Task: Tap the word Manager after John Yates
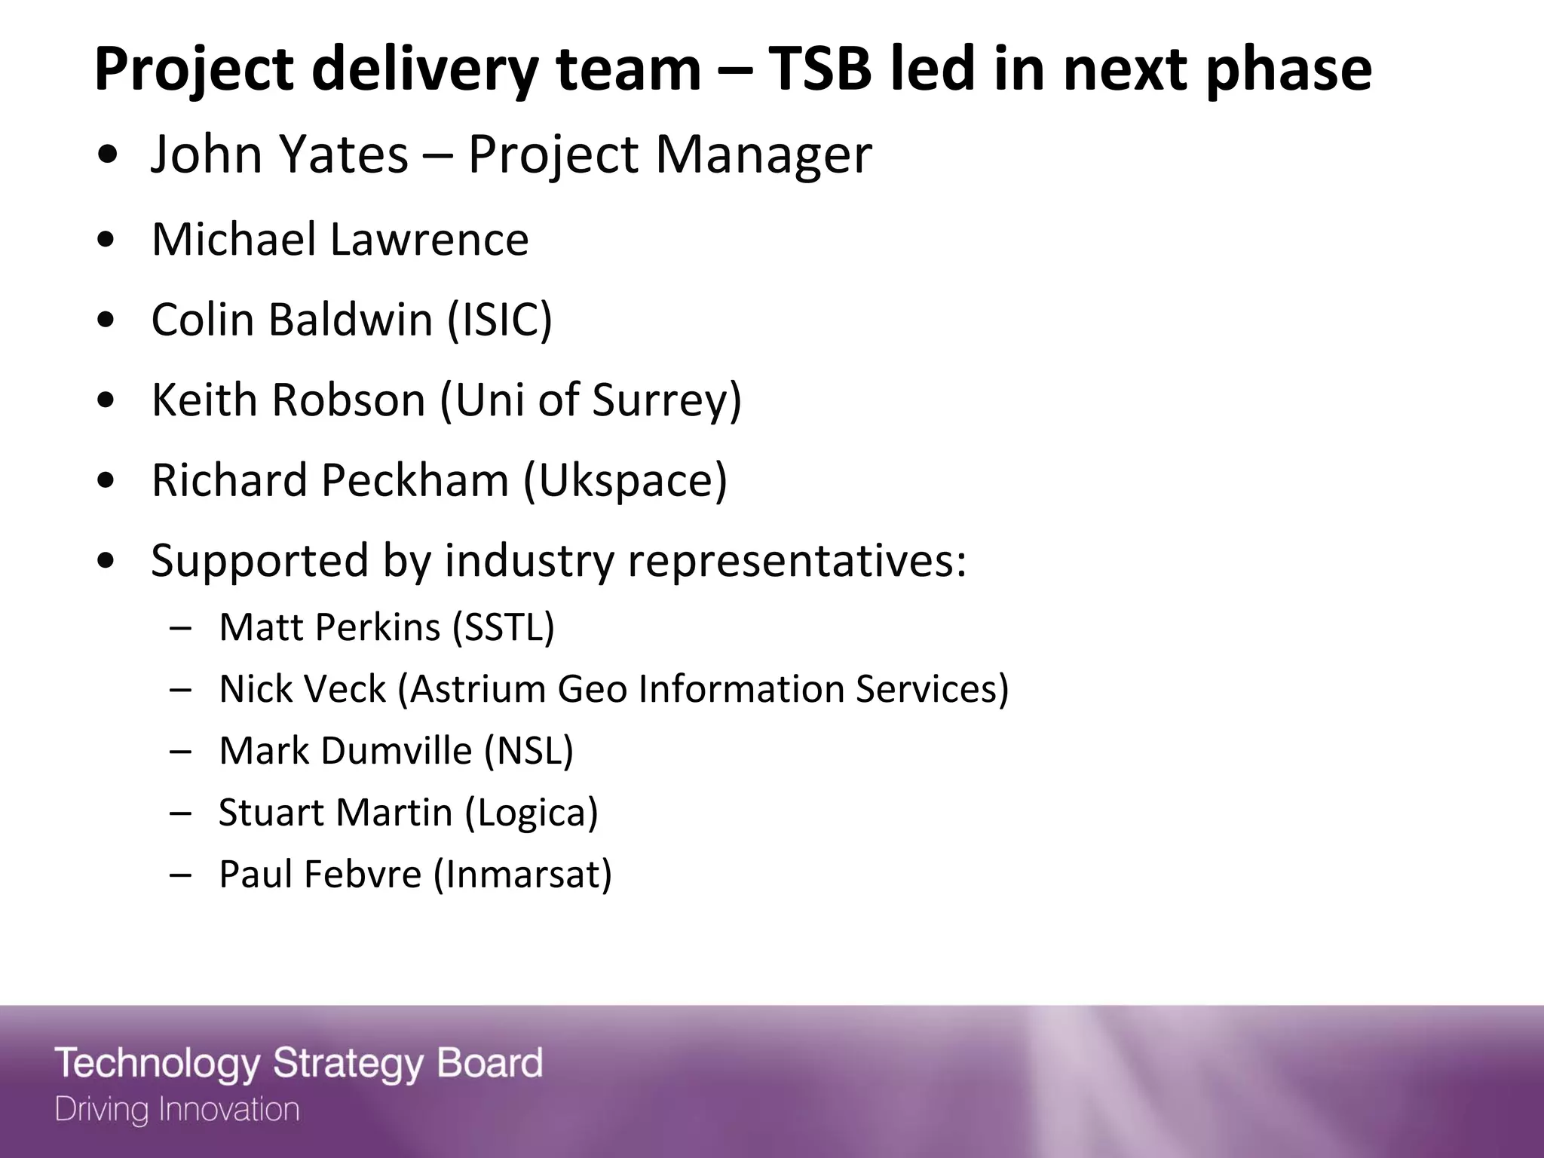click(763, 156)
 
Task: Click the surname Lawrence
click(429, 239)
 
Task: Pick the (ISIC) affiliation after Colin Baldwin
click(500, 320)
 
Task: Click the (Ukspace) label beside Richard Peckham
click(625, 480)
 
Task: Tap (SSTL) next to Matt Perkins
click(503, 627)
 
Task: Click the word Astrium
click(477, 689)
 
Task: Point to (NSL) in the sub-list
click(528, 751)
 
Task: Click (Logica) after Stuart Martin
click(532, 813)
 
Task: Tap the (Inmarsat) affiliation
click(522, 875)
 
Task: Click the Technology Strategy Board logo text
click(299, 1063)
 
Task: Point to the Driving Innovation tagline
click(177, 1110)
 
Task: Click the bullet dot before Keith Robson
click(107, 401)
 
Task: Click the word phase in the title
click(1288, 69)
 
